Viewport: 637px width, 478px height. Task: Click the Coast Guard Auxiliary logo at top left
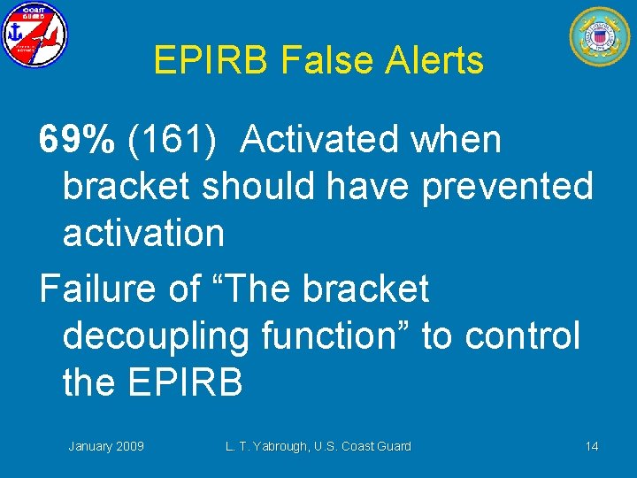[35, 35]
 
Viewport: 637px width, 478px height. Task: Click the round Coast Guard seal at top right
[600, 36]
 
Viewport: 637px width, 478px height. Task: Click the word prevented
[508, 186]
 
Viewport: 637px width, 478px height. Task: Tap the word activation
[143, 234]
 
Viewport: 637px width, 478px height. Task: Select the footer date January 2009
[106, 446]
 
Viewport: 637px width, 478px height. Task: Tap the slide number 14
[591, 446]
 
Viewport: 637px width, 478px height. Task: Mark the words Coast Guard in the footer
[375, 446]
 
